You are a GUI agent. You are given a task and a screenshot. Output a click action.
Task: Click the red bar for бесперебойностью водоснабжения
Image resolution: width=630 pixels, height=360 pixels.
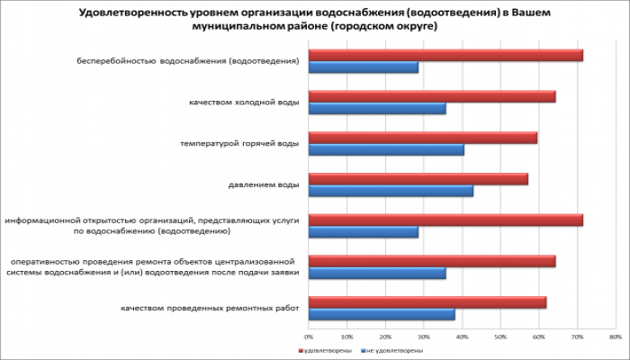445,56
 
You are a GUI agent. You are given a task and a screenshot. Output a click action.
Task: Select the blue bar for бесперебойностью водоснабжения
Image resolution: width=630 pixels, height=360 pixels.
364,67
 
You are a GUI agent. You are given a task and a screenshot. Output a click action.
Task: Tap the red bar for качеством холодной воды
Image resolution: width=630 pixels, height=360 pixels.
432,96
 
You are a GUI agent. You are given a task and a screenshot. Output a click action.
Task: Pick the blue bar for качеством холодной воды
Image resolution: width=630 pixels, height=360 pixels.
377,109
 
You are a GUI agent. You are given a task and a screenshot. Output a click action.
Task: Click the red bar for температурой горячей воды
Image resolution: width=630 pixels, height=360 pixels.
423,138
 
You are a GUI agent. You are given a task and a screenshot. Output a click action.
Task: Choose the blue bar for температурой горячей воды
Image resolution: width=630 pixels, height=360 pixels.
386,149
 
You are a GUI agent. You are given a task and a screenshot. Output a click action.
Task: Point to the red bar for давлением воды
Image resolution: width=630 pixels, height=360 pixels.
418,179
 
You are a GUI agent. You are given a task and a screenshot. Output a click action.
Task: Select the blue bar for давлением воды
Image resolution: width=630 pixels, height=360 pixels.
391,191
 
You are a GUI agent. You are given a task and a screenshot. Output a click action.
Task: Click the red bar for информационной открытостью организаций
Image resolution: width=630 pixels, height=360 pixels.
445,220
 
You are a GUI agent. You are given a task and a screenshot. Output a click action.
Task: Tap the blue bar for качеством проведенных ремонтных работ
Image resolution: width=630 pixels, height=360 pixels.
382,314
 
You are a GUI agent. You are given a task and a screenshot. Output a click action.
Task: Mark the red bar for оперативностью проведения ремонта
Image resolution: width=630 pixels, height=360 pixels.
432,261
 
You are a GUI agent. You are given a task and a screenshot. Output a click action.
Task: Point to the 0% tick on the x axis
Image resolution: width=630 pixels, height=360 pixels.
310,336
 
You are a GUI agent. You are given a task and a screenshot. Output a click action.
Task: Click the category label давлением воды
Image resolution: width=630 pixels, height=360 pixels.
265,184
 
